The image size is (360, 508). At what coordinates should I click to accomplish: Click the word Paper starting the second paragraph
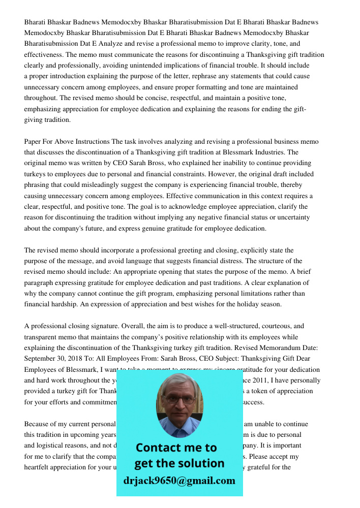pyautogui.click(x=33, y=141)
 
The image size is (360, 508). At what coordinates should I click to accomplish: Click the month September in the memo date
pyautogui.click(x=42, y=359)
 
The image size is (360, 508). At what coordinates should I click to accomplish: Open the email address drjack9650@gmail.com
pyautogui.click(x=179, y=481)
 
